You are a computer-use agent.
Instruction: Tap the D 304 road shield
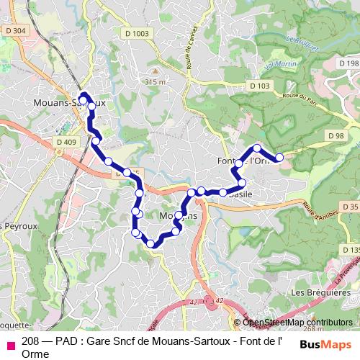pos(14,30)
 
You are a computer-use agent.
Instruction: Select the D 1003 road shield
pos(135,33)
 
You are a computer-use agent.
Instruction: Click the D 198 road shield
pos(349,63)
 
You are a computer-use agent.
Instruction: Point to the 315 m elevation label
pos(155,82)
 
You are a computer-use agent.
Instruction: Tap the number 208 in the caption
pos(31,341)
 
